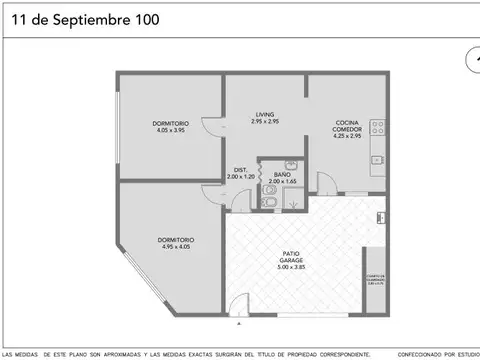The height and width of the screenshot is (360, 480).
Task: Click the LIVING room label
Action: [x=266, y=114]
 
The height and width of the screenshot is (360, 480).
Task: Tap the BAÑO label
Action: [x=283, y=175]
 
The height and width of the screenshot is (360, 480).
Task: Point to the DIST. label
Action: [x=241, y=169]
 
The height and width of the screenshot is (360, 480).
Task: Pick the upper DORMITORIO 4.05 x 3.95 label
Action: [x=171, y=123]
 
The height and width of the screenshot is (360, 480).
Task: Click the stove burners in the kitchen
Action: [x=378, y=127]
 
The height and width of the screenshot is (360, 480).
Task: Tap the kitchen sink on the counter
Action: [x=378, y=158]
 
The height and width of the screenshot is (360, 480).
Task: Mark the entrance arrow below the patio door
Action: [x=238, y=324]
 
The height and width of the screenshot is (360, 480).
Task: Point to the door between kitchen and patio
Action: [x=333, y=185]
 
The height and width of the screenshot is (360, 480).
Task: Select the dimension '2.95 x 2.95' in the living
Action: [x=266, y=121]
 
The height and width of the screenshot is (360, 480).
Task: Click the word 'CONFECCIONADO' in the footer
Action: [x=417, y=354]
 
